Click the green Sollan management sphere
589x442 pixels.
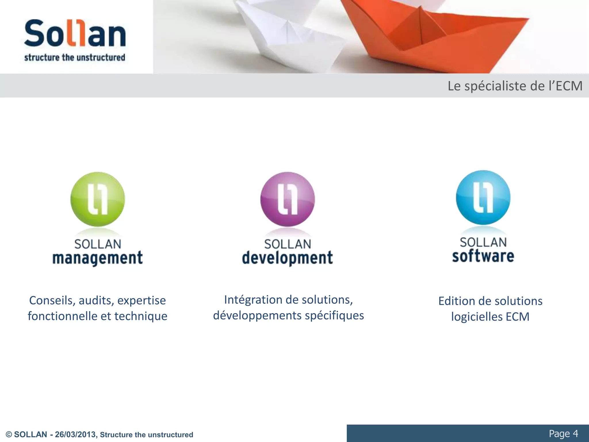point(97,199)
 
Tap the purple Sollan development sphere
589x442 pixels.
point(287,199)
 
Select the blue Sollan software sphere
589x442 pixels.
point(483,197)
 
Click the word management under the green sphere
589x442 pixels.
point(97,258)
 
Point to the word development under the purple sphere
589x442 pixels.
point(287,258)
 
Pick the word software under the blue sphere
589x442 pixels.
point(483,256)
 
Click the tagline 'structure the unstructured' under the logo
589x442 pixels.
point(75,57)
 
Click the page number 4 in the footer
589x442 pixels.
point(575,433)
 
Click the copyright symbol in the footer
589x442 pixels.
point(9,435)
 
